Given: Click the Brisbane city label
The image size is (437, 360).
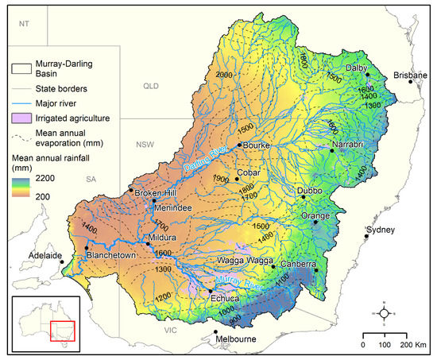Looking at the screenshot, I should pyautogui.click(x=410, y=75).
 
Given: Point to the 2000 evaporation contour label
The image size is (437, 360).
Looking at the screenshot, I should pyautogui.click(x=225, y=74).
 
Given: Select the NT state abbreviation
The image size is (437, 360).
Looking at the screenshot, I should pyautogui.click(x=23, y=25).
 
